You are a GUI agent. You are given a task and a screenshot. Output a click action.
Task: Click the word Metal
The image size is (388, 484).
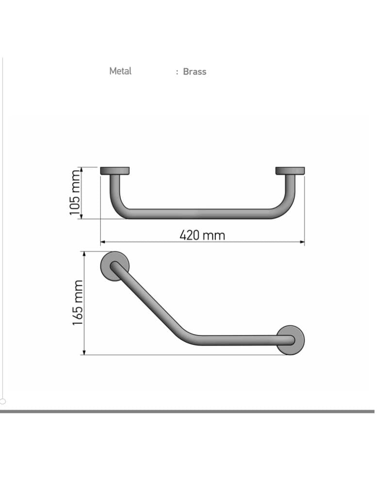(x=120, y=71)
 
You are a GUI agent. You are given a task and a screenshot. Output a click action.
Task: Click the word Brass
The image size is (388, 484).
(x=194, y=72)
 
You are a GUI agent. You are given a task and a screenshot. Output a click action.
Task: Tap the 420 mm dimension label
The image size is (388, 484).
(x=202, y=236)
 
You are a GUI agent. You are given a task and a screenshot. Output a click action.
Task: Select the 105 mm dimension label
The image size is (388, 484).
(x=75, y=193)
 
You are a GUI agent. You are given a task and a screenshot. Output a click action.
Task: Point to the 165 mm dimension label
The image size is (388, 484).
(x=78, y=302)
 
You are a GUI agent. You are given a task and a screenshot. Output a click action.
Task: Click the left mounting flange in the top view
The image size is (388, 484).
(x=115, y=171)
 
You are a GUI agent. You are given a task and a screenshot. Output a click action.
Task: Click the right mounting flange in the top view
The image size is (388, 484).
(x=290, y=171)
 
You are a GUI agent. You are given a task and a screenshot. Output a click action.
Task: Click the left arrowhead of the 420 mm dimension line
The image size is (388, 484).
(x=103, y=242)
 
